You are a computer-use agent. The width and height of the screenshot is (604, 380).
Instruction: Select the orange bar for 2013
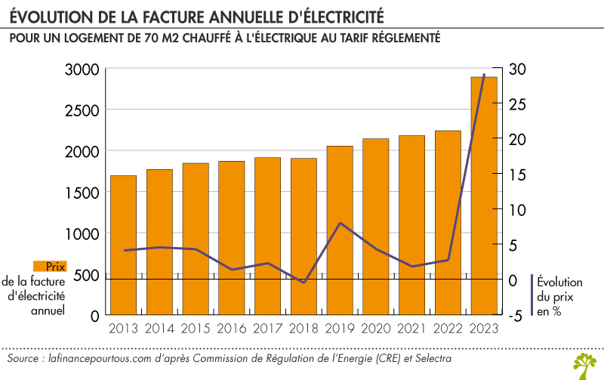124,245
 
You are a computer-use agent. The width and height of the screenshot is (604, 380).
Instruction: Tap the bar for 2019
340,230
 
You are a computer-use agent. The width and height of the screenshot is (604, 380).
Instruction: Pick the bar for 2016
232,237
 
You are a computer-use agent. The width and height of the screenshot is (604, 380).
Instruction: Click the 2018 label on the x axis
304,329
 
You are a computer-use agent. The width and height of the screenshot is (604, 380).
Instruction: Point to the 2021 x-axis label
411,329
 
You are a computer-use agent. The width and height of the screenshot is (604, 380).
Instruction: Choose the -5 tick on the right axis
516,316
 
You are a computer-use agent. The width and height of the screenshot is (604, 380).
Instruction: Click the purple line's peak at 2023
484,75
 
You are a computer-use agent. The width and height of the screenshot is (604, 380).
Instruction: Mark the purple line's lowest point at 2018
304,283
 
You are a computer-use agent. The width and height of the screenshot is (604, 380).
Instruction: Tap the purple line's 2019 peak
340,224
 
